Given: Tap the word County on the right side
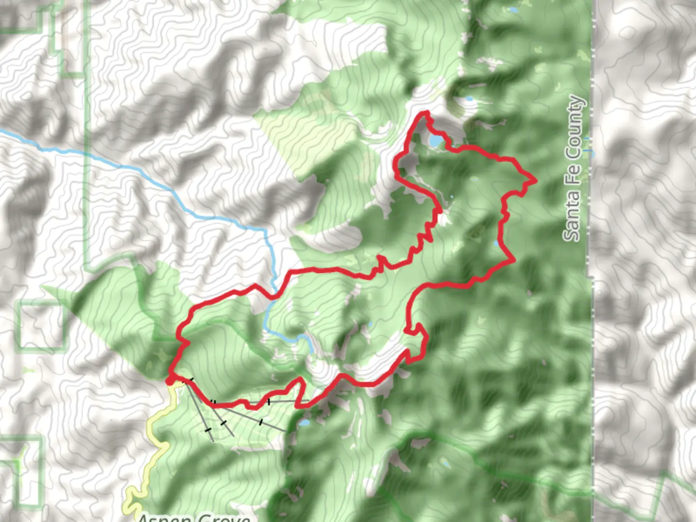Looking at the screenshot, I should (x=575, y=127).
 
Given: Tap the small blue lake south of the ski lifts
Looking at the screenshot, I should (x=304, y=423).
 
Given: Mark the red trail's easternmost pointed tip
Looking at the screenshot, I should (x=535, y=181).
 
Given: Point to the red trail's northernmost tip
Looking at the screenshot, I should (x=425, y=114).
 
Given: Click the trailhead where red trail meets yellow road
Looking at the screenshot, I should (x=170, y=381).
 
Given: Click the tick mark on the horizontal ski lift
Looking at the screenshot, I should (x=269, y=402).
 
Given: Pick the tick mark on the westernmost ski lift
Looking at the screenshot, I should (x=208, y=429).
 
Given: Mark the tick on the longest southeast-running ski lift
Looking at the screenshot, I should (x=261, y=422).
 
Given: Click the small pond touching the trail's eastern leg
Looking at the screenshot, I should (x=496, y=243).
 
